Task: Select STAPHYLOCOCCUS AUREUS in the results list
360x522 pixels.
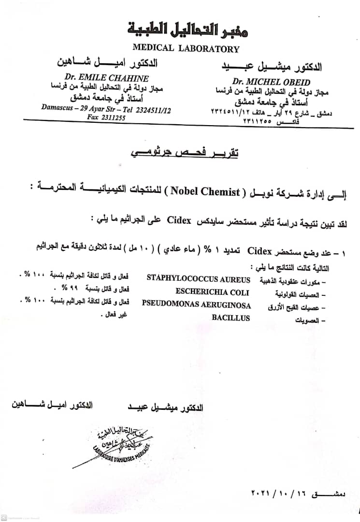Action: tap(198, 279)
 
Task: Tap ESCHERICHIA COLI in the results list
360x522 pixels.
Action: tap(212, 292)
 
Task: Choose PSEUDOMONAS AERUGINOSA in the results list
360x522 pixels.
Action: tap(196, 305)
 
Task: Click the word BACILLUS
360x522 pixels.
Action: tap(230, 318)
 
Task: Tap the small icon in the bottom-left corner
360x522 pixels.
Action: tap(4, 518)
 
